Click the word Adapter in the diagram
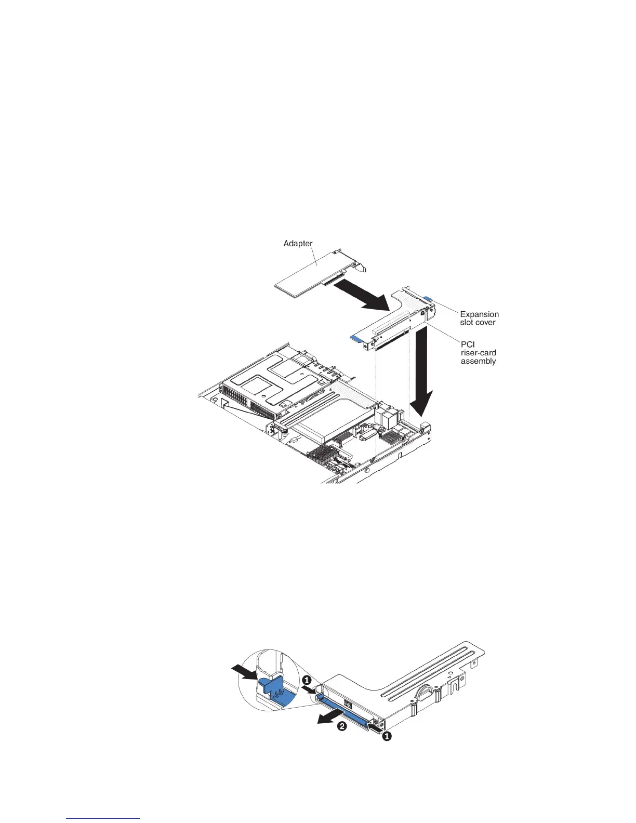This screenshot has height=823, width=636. [x=298, y=243]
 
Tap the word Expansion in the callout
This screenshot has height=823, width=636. [x=479, y=314]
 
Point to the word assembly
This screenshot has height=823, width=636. [x=478, y=361]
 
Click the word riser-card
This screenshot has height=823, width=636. [x=478, y=353]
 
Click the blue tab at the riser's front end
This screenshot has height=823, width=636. [x=358, y=338]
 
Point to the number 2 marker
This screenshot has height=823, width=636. [x=342, y=727]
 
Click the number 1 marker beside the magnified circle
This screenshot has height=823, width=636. [x=307, y=679]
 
